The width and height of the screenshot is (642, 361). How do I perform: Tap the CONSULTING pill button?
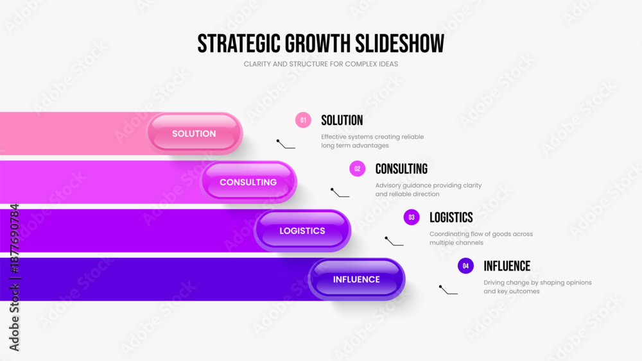(x=248, y=182)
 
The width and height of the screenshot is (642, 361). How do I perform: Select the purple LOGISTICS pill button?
(x=302, y=231)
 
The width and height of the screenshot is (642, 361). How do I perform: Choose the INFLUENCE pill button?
(x=356, y=279)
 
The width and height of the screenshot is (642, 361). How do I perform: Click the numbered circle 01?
(x=303, y=120)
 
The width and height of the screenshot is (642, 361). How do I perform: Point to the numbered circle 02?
(x=358, y=169)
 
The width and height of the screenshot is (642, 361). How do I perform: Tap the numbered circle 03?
(x=412, y=217)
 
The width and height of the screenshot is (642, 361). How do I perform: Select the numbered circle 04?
(x=465, y=265)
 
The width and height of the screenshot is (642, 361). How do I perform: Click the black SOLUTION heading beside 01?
(x=342, y=120)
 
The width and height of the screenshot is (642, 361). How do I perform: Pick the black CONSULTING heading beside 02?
(x=401, y=169)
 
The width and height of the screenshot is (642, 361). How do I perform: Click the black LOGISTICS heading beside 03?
(x=451, y=217)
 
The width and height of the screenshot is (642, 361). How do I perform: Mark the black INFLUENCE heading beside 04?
(x=507, y=266)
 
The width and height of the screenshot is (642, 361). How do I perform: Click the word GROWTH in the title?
(x=318, y=44)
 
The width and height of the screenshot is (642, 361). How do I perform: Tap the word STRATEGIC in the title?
(x=239, y=44)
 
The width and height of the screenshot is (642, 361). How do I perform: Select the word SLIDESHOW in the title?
(x=399, y=44)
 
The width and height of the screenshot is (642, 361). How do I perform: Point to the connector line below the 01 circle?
(x=286, y=144)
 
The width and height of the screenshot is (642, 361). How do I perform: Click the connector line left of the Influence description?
(x=448, y=290)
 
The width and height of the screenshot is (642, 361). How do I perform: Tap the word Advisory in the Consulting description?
(x=388, y=185)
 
